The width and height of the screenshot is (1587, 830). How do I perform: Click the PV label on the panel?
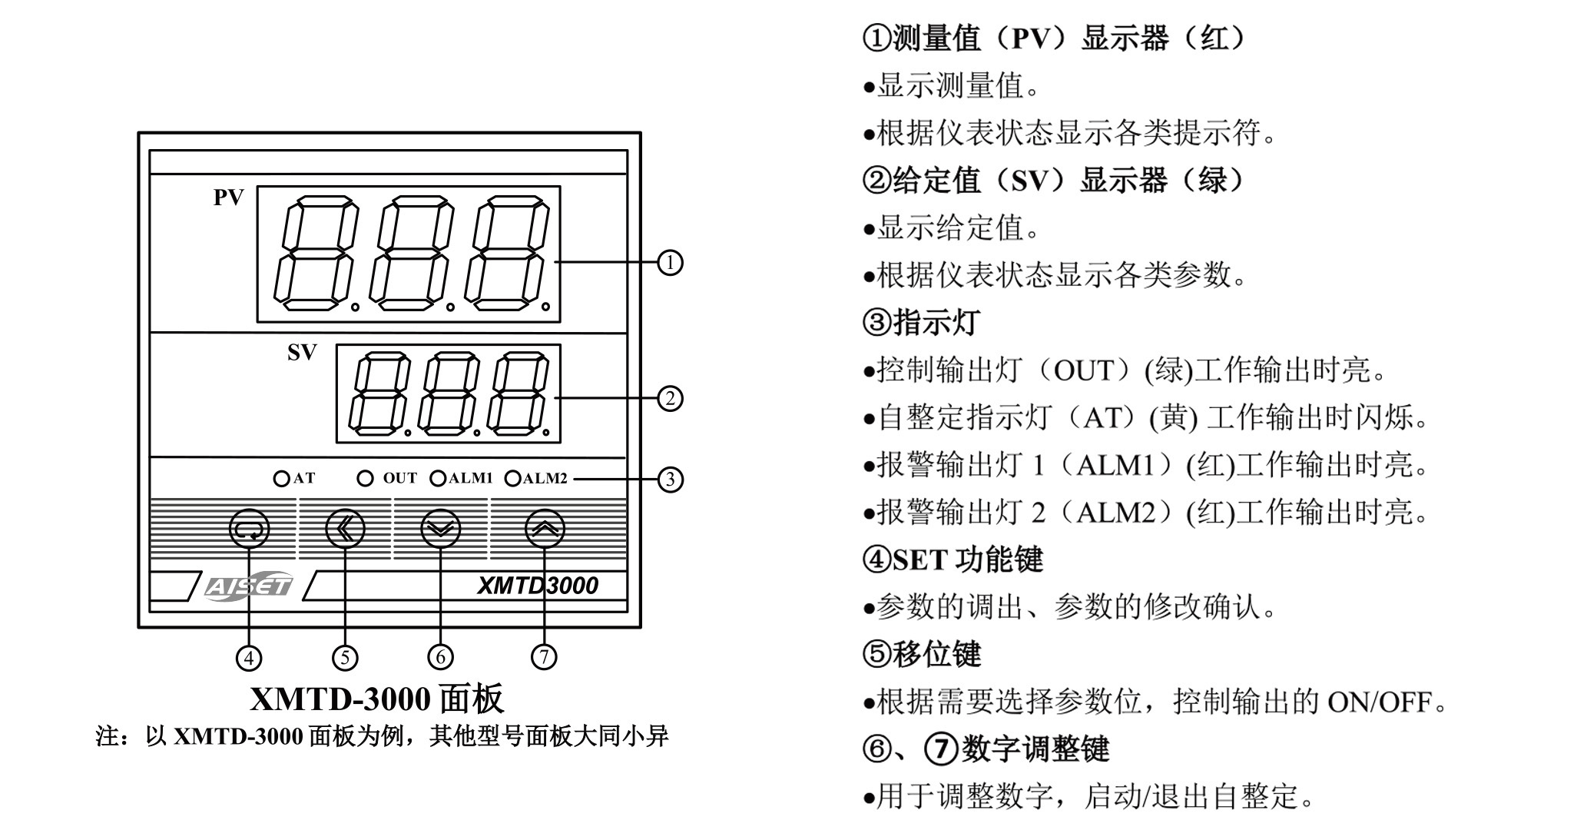(x=228, y=198)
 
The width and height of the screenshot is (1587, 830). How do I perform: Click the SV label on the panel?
(x=302, y=352)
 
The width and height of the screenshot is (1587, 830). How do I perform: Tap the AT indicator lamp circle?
(x=281, y=479)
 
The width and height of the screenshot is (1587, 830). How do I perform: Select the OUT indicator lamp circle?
(x=366, y=479)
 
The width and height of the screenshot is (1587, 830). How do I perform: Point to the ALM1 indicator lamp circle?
(x=438, y=479)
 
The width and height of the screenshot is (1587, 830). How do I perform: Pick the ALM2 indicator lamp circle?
(x=512, y=479)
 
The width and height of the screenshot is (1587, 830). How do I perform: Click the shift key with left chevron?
(x=345, y=529)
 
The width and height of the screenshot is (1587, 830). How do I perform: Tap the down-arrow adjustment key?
(x=441, y=529)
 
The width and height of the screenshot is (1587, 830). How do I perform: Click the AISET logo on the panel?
(x=248, y=586)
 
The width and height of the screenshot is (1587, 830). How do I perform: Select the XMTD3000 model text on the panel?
(x=537, y=586)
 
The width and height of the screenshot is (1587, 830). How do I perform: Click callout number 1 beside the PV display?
(x=670, y=263)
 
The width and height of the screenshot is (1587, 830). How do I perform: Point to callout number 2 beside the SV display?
(x=670, y=399)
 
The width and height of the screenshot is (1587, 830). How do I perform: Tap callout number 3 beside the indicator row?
(x=670, y=480)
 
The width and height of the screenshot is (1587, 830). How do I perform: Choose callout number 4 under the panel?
(x=249, y=658)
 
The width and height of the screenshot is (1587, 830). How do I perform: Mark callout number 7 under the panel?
(x=544, y=657)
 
